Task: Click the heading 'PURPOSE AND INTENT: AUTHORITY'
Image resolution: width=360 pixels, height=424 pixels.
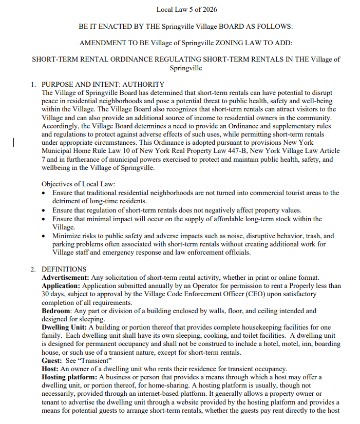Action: [x=103, y=84]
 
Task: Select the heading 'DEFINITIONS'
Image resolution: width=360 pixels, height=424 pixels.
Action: [x=64, y=269]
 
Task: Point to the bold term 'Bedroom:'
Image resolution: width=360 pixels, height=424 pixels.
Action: [x=56, y=311]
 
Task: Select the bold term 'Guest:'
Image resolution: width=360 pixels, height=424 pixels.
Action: [x=52, y=360]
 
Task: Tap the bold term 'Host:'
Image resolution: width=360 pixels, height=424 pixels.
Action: [x=50, y=369]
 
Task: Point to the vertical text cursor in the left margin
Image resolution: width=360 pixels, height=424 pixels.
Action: [x=14, y=142]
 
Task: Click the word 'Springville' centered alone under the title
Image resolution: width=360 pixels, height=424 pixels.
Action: [x=185, y=68]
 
